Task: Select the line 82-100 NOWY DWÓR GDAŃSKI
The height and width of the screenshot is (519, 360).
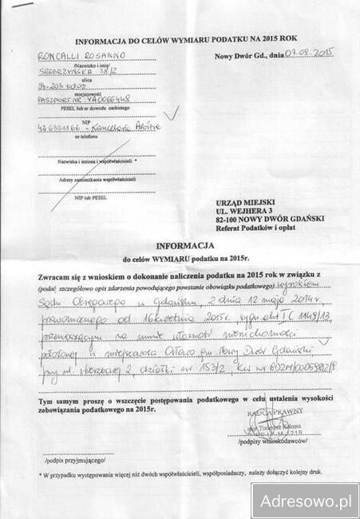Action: click(x=263, y=218)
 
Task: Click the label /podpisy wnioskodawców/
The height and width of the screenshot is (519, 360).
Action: click(x=279, y=441)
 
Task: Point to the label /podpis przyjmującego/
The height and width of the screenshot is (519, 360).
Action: click(x=71, y=462)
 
